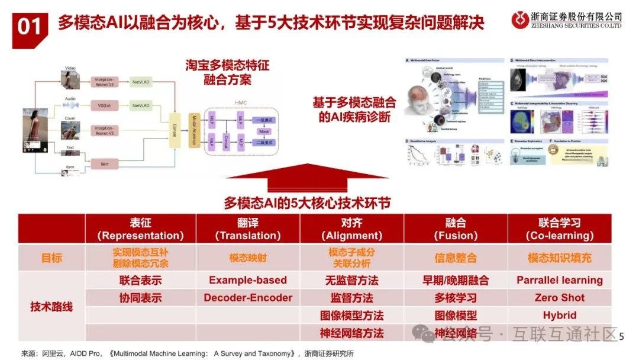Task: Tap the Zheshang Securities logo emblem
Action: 521,20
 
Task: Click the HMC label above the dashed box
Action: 240,102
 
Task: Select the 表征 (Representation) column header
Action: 140,229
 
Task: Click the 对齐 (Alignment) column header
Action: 351,229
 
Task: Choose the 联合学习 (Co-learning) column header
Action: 559,229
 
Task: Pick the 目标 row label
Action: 51,258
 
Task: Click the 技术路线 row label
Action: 51,307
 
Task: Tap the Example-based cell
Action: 248,280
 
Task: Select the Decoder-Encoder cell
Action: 248,298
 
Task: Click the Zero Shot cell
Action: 559,298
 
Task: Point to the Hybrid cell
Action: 559,316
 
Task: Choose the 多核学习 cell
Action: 456,298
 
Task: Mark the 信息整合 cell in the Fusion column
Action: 456,258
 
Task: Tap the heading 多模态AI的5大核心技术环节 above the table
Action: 307,202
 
